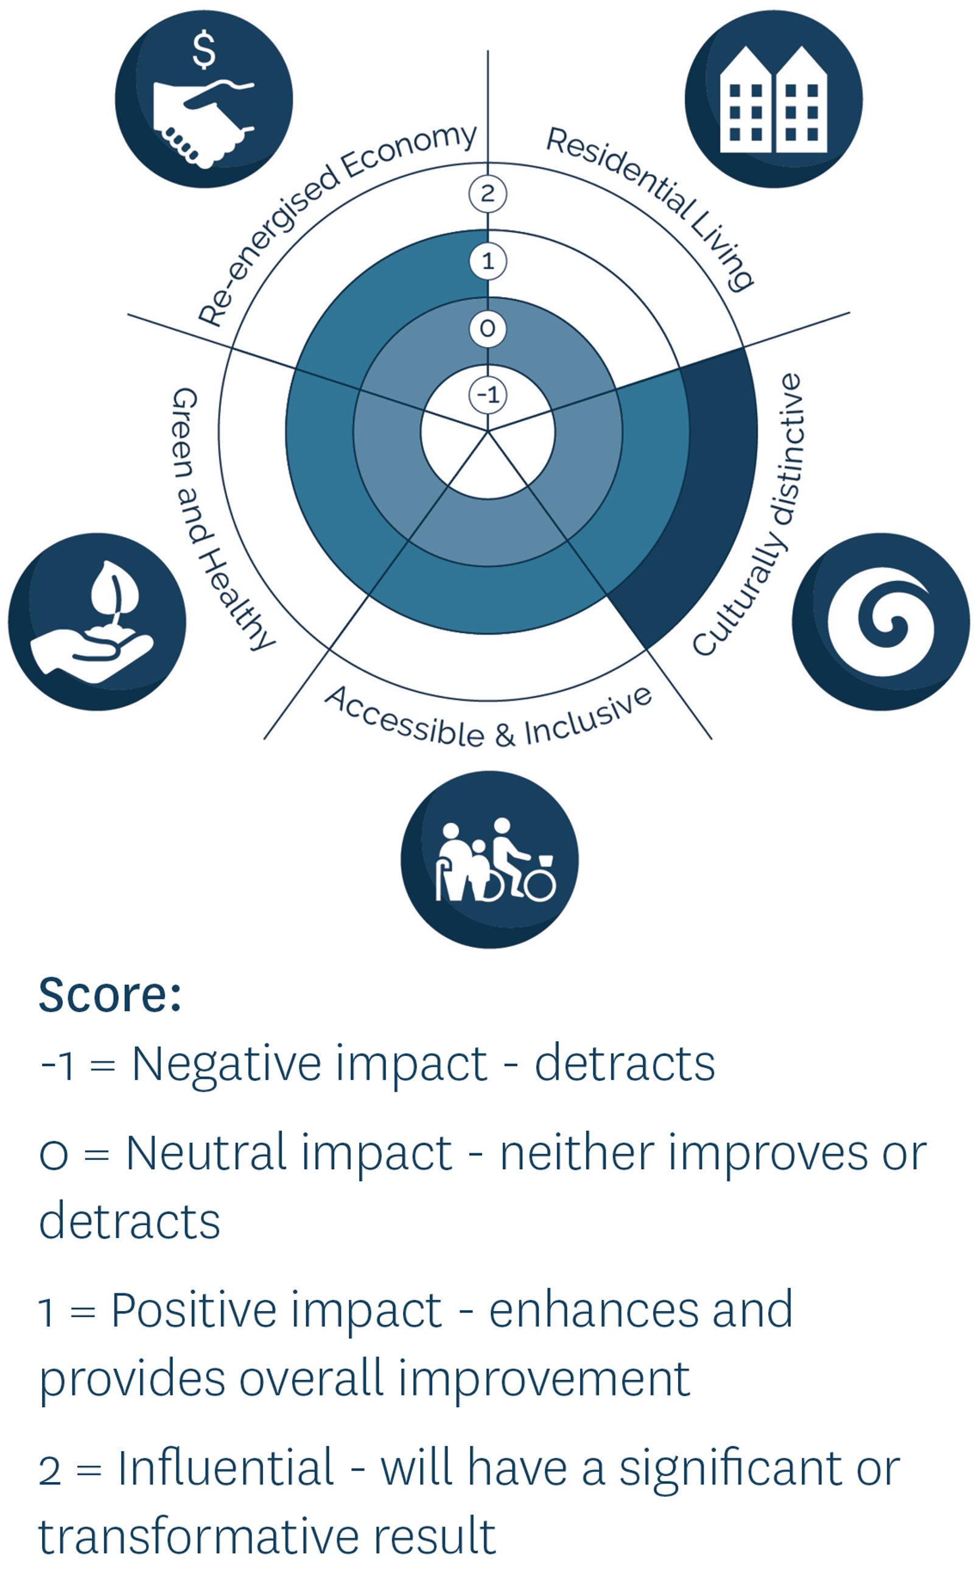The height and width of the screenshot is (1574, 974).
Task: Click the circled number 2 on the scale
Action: (488, 194)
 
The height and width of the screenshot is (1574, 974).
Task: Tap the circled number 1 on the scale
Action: (488, 262)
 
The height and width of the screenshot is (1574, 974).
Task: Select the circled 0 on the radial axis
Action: (488, 329)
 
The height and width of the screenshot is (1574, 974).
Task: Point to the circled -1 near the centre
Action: (488, 395)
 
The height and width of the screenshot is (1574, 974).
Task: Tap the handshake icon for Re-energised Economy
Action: (203, 122)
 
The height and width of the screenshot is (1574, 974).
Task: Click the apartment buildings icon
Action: (773, 99)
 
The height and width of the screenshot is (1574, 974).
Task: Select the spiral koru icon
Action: (881, 622)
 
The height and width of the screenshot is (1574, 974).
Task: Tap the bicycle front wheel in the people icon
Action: (540, 885)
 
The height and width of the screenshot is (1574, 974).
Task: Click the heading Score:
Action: (110, 996)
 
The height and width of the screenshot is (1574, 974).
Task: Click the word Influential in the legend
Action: (225, 1467)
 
